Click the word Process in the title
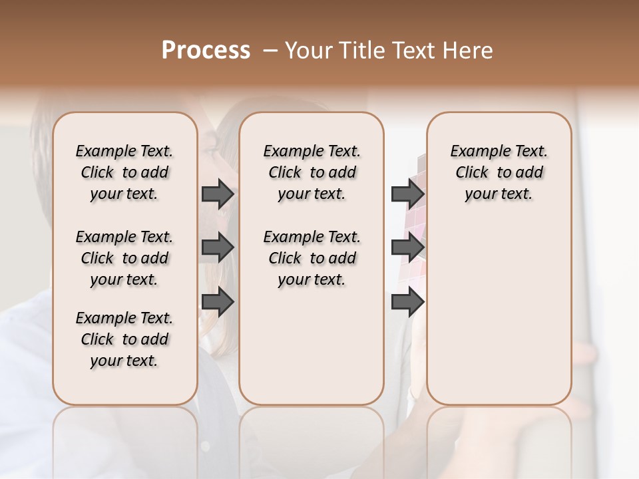coord(206,51)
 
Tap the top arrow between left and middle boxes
coord(218,194)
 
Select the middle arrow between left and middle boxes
coord(218,248)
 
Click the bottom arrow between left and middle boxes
coord(218,303)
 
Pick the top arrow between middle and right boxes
coord(407,194)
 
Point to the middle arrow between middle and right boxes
coord(407,248)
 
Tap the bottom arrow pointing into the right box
coord(407,303)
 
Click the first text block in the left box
coord(124,172)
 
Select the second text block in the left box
coord(124,258)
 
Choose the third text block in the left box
coord(124,339)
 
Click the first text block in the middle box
coord(312,172)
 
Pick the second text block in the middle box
coord(312,258)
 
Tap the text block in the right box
coord(499,172)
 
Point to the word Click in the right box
coord(472,173)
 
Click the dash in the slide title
coord(270,51)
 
